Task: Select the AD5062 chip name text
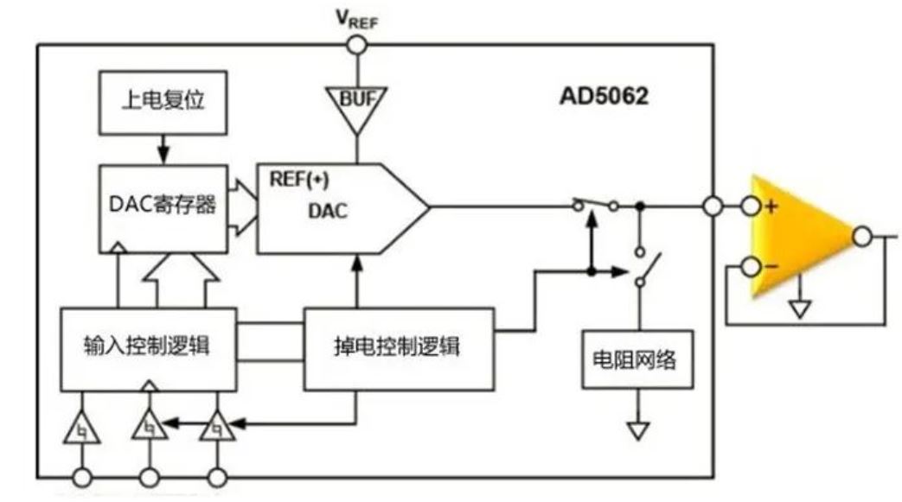tap(603, 96)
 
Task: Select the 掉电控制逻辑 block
tap(399, 347)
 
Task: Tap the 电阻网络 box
tap(638, 358)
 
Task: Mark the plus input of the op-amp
tap(752, 207)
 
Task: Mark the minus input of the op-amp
tap(752, 267)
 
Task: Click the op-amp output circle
tap(862, 235)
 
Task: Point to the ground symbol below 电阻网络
tap(638, 429)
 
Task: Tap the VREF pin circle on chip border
tap(355, 44)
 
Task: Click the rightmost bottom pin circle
tap(217, 476)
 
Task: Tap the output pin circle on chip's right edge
tap(712, 207)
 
